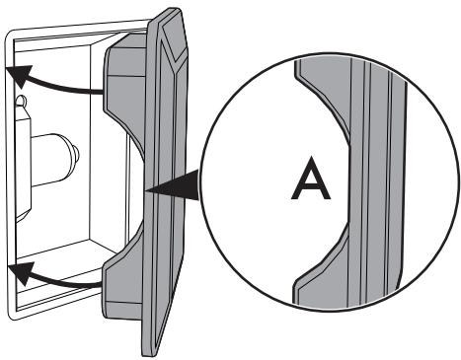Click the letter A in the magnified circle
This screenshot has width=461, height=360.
point(311,178)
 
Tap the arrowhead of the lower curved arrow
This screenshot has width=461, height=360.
point(21,272)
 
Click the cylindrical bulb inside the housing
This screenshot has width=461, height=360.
point(54,160)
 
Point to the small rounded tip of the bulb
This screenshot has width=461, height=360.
point(75,154)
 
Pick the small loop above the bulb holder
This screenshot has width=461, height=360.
point(21,101)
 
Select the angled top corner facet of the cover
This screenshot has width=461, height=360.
point(175,39)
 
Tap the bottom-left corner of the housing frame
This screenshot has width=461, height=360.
point(10,319)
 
